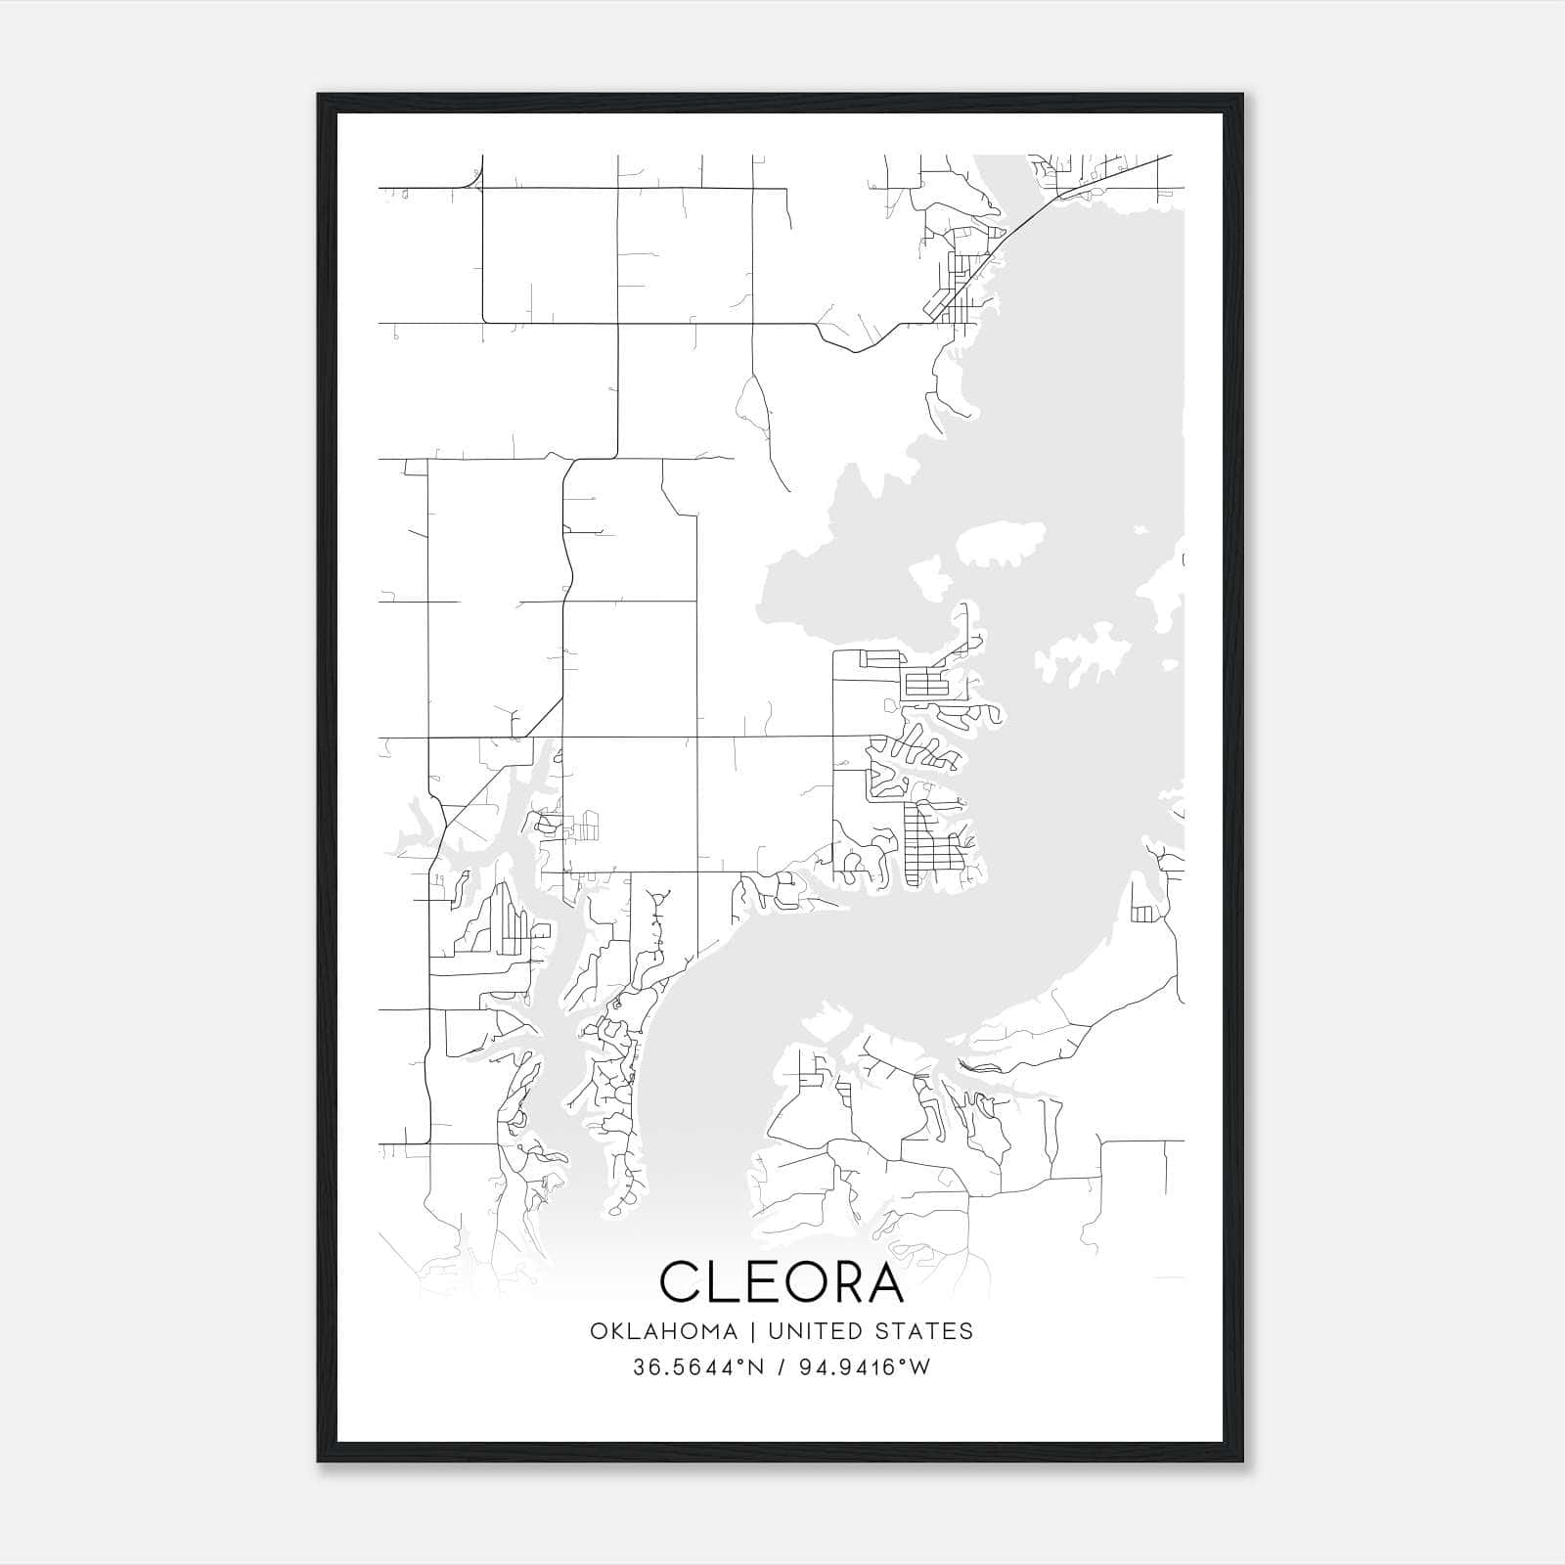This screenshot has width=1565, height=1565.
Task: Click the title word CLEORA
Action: [x=782, y=1282]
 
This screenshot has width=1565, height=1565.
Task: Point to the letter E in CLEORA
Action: [x=765, y=1282]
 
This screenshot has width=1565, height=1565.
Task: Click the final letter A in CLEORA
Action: [x=885, y=1282]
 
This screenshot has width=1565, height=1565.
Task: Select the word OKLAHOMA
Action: [x=663, y=1331]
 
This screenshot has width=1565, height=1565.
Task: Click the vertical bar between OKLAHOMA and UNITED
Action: [x=753, y=1331]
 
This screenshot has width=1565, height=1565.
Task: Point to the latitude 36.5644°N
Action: [x=698, y=1367]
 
